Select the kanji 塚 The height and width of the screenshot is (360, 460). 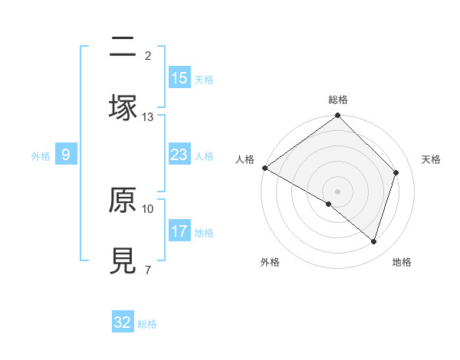123,107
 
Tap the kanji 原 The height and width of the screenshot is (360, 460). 123,200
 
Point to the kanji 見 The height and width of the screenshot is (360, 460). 123,260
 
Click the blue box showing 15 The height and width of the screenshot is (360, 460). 179,78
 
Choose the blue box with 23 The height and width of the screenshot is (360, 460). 179,155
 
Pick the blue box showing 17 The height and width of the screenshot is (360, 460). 179,231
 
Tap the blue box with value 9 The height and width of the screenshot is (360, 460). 66,155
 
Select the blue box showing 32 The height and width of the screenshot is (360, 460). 123,322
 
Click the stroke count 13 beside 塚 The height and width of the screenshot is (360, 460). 148,116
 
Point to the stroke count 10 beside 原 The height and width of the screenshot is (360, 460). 148,208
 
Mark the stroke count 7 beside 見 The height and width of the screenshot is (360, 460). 147,270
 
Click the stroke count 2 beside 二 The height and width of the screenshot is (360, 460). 147,55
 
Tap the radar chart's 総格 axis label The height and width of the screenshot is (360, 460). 338,100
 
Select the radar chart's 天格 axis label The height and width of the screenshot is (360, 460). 432,159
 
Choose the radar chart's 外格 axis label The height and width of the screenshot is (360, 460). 270,262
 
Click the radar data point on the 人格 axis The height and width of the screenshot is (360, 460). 264,168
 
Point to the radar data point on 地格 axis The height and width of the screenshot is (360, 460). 374,241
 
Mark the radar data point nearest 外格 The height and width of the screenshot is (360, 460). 329,204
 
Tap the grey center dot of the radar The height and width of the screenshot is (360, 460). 338,191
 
